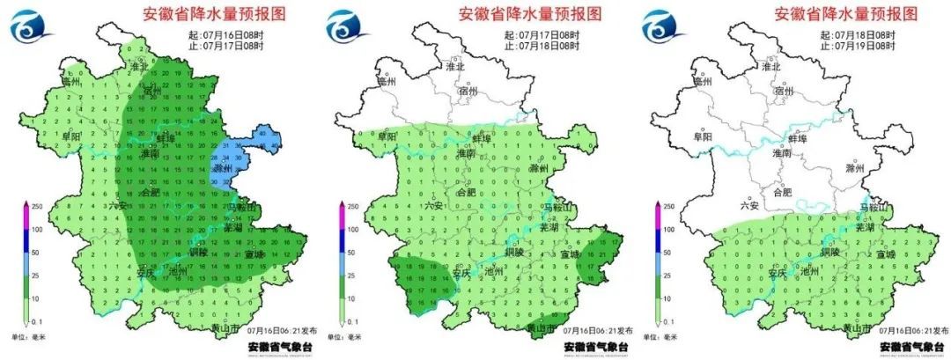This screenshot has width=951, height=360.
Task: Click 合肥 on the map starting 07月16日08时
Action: click(150, 193)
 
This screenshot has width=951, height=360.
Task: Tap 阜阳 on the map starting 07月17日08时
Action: click(388, 136)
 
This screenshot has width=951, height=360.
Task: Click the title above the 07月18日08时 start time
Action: click(845, 14)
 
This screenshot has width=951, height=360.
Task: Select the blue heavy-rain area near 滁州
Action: click(231, 163)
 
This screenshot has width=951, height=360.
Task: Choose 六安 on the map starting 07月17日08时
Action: click(434, 205)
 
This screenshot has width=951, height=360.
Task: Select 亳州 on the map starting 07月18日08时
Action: click(701, 82)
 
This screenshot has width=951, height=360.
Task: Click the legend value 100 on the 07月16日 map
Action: click(35, 228)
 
